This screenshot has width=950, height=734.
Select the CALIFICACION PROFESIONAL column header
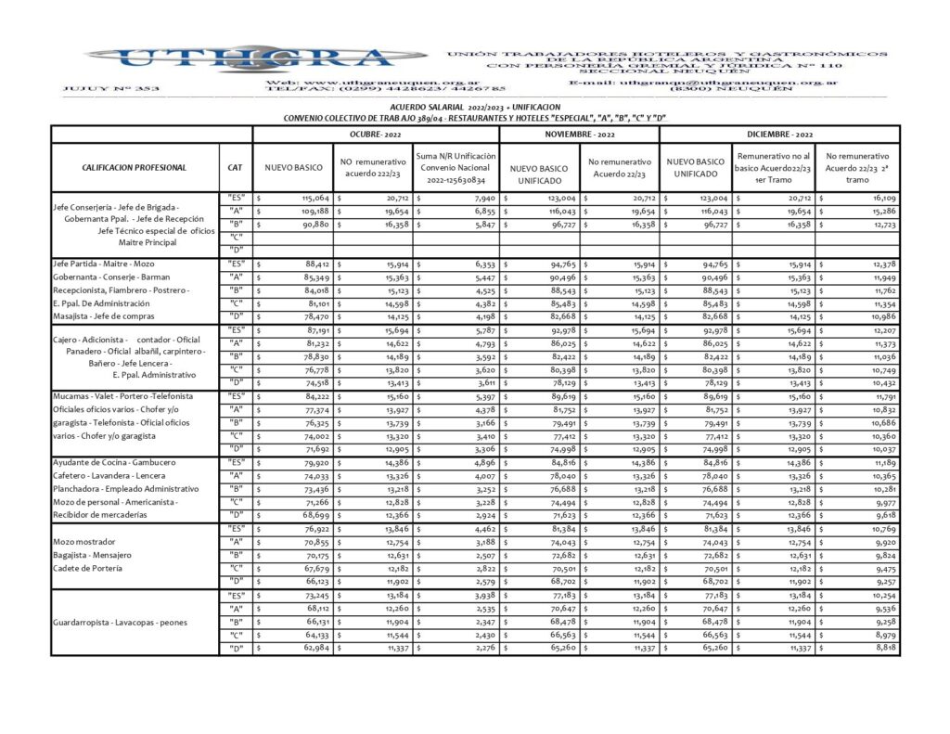click(x=134, y=168)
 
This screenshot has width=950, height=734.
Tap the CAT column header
click(x=235, y=168)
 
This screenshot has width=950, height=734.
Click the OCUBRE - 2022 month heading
click(x=376, y=135)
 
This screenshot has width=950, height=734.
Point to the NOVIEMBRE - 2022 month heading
click(x=579, y=135)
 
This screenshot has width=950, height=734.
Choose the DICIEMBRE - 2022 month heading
click(x=779, y=135)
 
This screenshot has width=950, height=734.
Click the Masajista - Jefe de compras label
click(x=103, y=317)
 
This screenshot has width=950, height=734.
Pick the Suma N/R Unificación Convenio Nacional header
click(x=456, y=168)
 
